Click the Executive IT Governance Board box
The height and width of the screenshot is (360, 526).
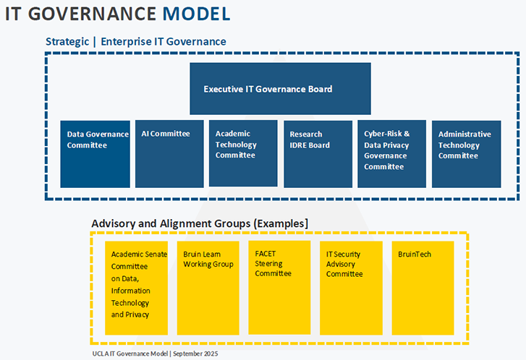click(x=280, y=89)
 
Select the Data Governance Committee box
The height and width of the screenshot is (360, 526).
click(x=96, y=154)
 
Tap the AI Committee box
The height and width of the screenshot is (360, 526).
click(x=169, y=154)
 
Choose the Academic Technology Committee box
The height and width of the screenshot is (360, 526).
click(x=243, y=153)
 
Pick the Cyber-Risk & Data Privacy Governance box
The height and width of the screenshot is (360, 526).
click(x=391, y=153)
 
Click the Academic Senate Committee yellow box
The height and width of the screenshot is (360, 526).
click(x=136, y=288)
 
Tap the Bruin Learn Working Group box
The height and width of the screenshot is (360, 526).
click(x=208, y=288)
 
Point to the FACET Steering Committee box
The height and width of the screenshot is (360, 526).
click(x=279, y=288)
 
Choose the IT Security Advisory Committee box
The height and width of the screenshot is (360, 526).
click(x=351, y=288)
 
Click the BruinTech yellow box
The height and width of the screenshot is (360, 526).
click(x=423, y=288)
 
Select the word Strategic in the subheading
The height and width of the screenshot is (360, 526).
click(x=67, y=41)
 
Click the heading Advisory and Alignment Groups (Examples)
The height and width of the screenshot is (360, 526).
click(x=200, y=223)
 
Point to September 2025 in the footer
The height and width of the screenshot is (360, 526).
click(x=195, y=354)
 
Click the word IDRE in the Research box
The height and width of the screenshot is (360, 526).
click(x=299, y=145)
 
